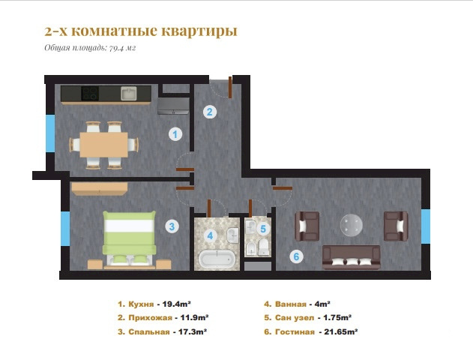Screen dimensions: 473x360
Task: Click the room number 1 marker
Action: [175, 134]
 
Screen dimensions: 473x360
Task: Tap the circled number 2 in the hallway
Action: [210, 112]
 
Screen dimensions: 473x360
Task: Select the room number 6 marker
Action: [296, 256]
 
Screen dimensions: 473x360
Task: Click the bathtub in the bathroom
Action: [217, 259]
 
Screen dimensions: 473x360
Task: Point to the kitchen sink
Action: [129, 93]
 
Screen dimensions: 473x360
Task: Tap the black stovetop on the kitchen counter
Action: [90, 93]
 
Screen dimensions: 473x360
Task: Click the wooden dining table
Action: [103, 145]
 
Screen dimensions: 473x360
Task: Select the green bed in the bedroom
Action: [129, 238]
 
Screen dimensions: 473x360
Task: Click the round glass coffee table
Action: [352, 225]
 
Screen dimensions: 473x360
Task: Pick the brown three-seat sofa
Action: [352, 257]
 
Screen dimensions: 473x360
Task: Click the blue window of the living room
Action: [426, 226]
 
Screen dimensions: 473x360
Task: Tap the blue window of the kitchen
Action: [50, 133]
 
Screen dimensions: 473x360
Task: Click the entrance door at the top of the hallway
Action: [230, 87]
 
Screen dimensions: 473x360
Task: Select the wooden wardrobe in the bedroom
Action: [99, 188]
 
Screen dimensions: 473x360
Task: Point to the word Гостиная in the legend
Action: [295, 332]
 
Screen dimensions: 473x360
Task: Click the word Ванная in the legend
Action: [291, 304]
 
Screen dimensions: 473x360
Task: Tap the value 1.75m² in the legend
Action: [337, 318]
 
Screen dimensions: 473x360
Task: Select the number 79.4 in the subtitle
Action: [116, 48]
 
